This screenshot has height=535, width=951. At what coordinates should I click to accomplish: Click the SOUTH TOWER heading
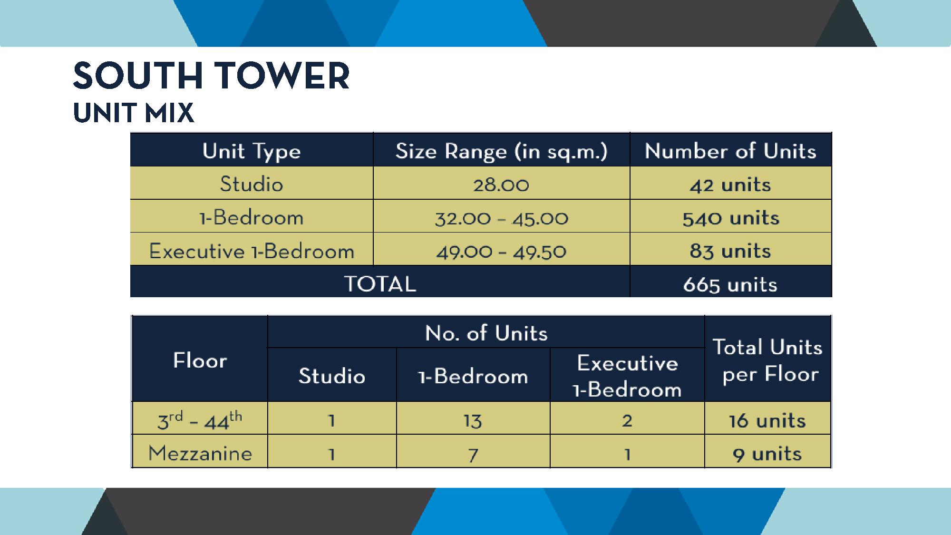(x=212, y=76)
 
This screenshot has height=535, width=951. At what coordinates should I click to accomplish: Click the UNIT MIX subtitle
(x=134, y=113)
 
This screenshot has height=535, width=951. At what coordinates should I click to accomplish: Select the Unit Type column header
(x=252, y=151)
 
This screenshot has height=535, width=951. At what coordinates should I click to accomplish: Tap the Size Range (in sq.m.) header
(x=502, y=151)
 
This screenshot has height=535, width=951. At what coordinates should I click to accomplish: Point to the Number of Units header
(x=730, y=151)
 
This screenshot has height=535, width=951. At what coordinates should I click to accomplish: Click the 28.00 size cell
(x=501, y=185)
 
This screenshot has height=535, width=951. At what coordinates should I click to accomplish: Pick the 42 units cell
(x=730, y=185)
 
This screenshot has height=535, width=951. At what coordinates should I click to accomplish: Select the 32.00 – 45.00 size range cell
(x=502, y=218)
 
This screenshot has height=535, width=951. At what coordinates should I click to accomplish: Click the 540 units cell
(x=731, y=218)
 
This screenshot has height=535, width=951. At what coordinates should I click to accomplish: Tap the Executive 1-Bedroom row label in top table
(x=252, y=251)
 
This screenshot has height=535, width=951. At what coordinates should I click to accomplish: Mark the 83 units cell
(x=730, y=251)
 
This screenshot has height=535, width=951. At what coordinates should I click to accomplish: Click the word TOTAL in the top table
(x=380, y=284)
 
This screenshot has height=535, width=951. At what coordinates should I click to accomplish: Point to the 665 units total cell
(x=730, y=285)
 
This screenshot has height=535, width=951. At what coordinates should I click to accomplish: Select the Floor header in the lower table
(x=200, y=360)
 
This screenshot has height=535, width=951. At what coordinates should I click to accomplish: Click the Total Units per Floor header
(x=768, y=360)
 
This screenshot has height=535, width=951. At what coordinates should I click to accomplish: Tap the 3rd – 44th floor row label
(x=200, y=420)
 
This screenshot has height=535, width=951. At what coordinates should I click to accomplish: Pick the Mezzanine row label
(x=200, y=453)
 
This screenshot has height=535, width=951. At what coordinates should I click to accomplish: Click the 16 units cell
(x=767, y=421)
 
